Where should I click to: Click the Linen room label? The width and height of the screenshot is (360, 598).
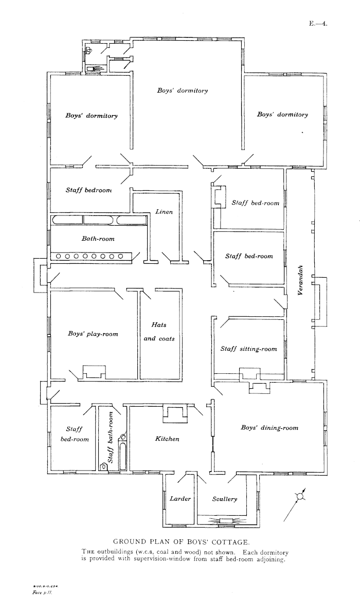(x=164, y=212)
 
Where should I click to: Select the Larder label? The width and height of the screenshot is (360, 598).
(x=181, y=499)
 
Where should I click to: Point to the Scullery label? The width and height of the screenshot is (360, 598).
(x=225, y=499)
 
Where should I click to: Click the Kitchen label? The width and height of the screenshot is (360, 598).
(x=167, y=439)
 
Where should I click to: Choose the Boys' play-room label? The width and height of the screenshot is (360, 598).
(x=93, y=334)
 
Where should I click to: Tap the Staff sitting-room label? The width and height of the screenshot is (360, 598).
(x=248, y=349)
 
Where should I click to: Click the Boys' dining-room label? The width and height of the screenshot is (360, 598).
(x=269, y=427)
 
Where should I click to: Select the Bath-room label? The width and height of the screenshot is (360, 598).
(x=98, y=239)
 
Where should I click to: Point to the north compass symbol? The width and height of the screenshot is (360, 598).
(x=299, y=497)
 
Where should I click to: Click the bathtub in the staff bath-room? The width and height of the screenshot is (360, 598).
(x=123, y=452)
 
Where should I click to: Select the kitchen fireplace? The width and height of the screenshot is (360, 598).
(x=173, y=412)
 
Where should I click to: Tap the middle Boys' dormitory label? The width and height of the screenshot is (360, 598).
(x=183, y=91)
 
